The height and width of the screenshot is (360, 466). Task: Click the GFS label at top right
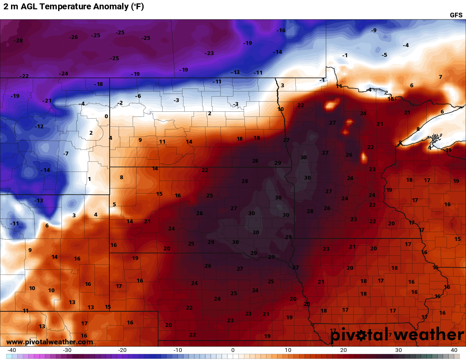(x=456, y=15)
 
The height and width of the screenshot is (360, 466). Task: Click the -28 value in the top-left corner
(x=18, y=40)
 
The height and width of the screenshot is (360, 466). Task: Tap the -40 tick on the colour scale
(x=12, y=350)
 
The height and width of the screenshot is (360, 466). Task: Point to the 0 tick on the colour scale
(x=233, y=350)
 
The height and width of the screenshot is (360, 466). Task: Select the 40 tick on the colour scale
(x=454, y=350)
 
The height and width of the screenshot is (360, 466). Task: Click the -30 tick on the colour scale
(x=67, y=350)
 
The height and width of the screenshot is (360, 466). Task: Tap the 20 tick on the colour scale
(x=343, y=350)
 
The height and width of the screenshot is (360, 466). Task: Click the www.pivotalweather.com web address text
(x=50, y=342)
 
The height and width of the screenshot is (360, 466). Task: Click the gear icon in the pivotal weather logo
(x=361, y=335)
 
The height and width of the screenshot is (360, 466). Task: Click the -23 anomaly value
(x=209, y=53)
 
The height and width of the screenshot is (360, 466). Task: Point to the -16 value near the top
(x=281, y=30)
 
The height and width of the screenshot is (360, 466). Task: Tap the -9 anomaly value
(x=374, y=30)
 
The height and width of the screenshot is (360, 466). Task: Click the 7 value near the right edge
(x=441, y=77)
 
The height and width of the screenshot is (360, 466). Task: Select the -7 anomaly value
(x=66, y=153)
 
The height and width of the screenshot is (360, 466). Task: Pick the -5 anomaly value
(x=384, y=55)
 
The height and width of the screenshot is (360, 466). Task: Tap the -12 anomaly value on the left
(x=39, y=127)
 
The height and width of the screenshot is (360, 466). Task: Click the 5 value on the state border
(x=114, y=205)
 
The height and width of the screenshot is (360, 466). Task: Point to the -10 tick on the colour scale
(x=178, y=350)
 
